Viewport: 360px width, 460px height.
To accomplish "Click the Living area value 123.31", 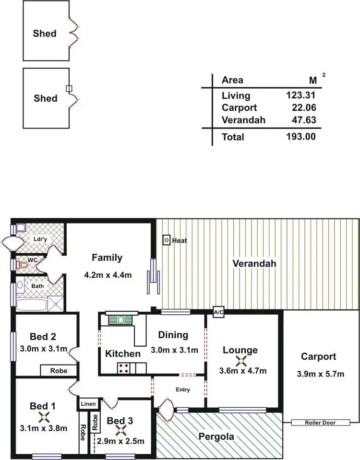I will [300, 95].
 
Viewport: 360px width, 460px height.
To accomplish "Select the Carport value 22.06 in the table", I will [302, 108].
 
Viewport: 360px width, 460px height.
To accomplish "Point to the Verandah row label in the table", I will [243, 120].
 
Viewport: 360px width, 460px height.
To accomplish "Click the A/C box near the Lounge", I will [218, 313].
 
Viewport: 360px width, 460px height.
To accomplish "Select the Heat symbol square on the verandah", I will [166, 239].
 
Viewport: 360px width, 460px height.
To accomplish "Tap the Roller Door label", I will [320, 423].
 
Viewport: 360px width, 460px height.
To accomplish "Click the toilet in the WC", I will [22, 264].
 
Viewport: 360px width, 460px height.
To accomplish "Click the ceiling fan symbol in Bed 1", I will [44, 416].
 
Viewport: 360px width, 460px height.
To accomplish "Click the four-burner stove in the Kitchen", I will [123, 368].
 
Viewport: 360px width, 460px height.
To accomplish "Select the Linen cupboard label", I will [90, 404].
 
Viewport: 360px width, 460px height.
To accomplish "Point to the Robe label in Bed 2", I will [59, 371].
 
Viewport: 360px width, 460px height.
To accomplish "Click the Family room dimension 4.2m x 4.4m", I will [108, 275].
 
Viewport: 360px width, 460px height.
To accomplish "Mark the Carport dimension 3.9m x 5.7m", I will [319, 374].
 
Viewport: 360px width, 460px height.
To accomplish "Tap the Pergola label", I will [216, 436].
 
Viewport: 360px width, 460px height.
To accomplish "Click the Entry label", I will [182, 390].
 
